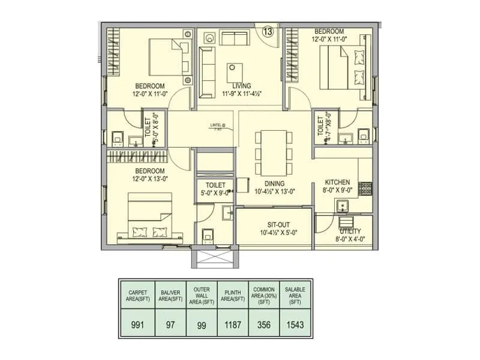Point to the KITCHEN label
pyautogui.click(x=337, y=182)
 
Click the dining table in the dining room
pyautogui.click(x=273, y=152)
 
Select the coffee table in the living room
pyautogui.click(x=236, y=73)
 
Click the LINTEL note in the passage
pyautogui.click(x=217, y=127)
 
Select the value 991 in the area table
pyautogui.click(x=137, y=326)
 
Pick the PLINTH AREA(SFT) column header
pyautogui.click(x=232, y=293)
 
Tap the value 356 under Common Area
pyautogui.click(x=263, y=326)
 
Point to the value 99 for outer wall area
pyautogui.click(x=200, y=326)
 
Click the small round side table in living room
pyautogui.click(x=209, y=38)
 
